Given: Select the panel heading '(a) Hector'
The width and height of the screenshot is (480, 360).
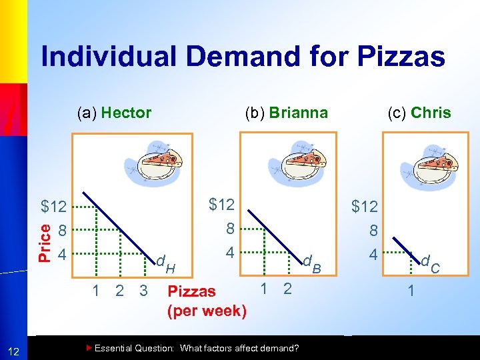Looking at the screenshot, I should click(x=113, y=113).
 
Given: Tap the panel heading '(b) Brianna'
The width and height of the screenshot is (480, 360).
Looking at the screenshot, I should click(x=286, y=113).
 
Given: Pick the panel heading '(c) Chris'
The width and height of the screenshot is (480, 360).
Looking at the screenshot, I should click(x=419, y=113).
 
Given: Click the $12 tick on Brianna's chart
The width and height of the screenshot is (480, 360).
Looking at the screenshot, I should click(x=221, y=204).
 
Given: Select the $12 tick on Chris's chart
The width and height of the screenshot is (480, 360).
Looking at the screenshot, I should click(x=365, y=207).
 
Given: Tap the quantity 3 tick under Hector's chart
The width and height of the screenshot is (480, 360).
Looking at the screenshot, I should click(x=143, y=291).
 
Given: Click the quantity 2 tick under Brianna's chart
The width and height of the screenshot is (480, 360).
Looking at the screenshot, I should click(x=287, y=288).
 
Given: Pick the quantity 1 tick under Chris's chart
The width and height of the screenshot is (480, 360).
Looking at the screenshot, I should click(x=411, y=291).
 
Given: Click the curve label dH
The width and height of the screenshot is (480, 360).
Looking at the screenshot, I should click(x=165, y=264).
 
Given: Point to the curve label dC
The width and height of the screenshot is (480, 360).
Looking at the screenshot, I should click(x=430, y=264).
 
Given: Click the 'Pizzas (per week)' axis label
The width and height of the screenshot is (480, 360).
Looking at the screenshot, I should click(x=207, y=301).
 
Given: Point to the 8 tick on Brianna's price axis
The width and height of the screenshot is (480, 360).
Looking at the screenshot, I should click(x=229, y=229).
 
